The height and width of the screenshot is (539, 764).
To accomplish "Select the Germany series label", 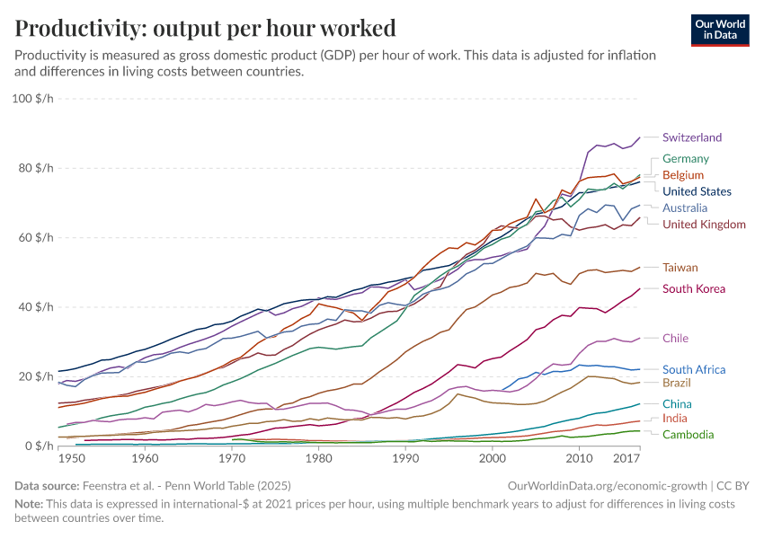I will (x=686, y=158).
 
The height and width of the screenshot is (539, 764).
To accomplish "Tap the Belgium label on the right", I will (x=682, y=174).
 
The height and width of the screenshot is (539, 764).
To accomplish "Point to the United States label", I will (x=697, y=191).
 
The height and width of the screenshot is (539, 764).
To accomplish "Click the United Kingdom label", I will (x=704, y=224).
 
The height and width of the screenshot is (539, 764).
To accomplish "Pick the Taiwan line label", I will (x=680, y=267).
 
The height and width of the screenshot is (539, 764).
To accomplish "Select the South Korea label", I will (x=693, y=288).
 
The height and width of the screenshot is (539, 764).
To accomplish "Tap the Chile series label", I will (x=676, y=338).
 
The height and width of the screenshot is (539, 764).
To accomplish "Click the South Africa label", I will (x=693, y=369).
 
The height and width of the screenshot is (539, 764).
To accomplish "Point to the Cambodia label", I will (x=688, y=435).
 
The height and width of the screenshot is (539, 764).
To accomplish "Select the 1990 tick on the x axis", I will (x=405, y=458).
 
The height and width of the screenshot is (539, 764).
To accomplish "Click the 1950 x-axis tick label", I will (x=58, y=458).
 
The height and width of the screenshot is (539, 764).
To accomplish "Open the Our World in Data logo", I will (x=720, y=30).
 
